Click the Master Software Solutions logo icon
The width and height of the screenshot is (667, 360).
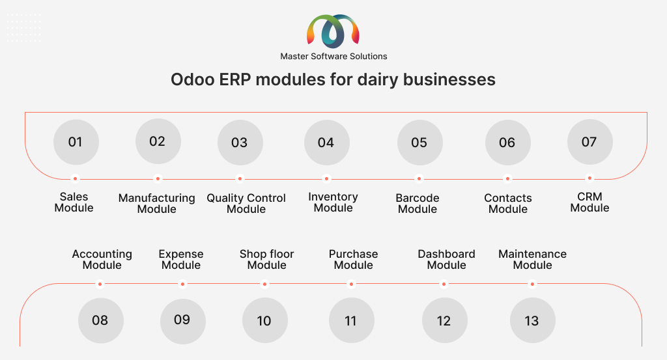[333, 31]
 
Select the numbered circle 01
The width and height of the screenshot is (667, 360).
[76, 142]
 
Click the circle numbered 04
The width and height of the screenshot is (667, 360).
[327, 143]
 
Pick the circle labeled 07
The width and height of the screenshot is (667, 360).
[590, 142]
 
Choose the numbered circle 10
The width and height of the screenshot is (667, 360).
[265, 320]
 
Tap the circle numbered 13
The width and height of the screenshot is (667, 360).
[533, 320]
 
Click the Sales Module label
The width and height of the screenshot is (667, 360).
[74, 202]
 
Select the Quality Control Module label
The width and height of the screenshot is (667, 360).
[246, 204]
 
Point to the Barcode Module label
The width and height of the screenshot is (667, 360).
[418, 204]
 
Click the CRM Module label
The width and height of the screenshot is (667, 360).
[589, 202]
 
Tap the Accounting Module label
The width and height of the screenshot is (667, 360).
[102, 259]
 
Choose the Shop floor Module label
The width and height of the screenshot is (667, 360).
[266, 259]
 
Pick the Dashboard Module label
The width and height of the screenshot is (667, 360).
[447, 259]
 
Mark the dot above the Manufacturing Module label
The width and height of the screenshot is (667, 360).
[158, 178]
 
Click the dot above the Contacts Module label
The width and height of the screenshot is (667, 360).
[507, 178]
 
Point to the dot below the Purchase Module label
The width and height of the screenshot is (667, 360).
[351, 284]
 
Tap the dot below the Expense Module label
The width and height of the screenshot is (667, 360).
[182, 284]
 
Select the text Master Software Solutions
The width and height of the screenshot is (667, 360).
[333, 56]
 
